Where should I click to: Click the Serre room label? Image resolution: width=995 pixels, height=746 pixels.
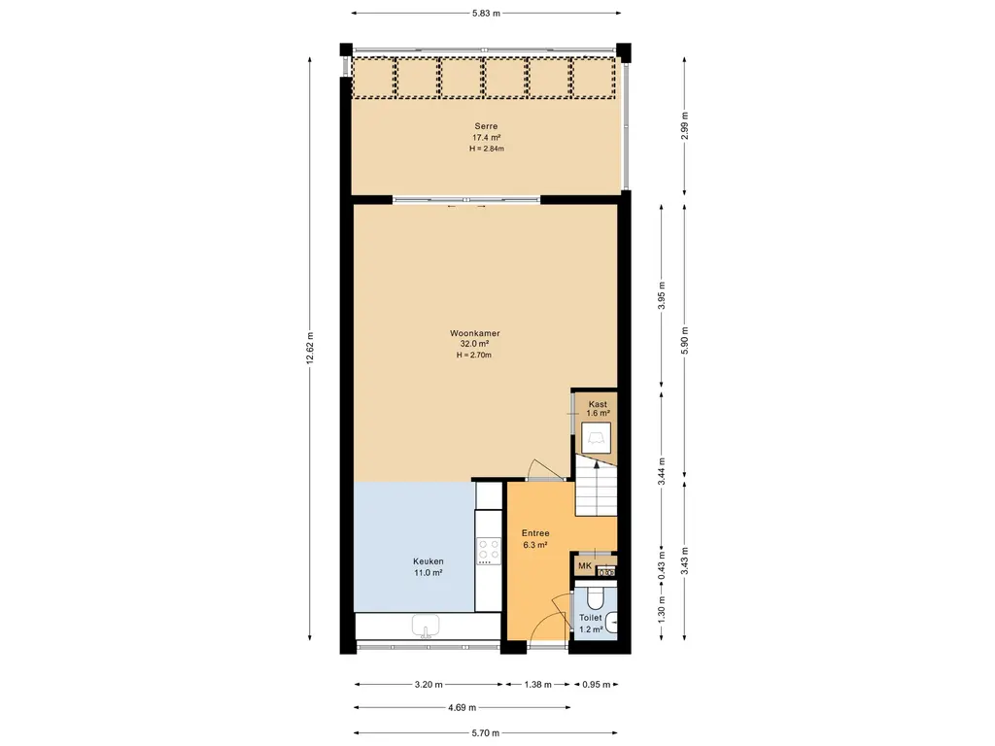click(486, 126)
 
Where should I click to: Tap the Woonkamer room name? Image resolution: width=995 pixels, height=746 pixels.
click(474, 333)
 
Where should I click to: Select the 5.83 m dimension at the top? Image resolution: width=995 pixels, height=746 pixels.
click(486, 13)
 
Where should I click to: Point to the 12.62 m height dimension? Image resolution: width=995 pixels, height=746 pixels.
click(310, 349)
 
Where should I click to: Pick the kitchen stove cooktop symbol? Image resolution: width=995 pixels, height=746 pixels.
click(489, 552)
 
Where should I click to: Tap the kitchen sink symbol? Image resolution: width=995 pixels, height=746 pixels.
click(426, 627)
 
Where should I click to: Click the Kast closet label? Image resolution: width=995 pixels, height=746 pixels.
click(598, 404)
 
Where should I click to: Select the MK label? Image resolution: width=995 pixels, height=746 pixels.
click(584, 566)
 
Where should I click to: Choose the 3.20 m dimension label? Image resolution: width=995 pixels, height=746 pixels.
click(429, 685)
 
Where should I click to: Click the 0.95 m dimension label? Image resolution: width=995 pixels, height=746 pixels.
click(596, 685)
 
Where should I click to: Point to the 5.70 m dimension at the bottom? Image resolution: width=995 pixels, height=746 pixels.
click(486, 732)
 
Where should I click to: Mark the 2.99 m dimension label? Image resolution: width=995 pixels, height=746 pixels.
click(684, 125)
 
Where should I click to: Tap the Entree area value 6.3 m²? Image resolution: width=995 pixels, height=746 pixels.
click(535, 545)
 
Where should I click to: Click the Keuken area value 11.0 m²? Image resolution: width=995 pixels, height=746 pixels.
click(428, 573)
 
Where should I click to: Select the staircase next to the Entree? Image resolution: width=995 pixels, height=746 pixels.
click(596, 486)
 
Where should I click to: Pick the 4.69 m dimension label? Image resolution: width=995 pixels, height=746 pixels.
click(462, 707)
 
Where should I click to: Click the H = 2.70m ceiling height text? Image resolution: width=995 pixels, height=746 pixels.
click(474, 356)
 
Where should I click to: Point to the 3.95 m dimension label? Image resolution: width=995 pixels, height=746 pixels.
click(662, 295)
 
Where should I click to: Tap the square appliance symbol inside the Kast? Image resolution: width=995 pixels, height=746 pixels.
click(597, 438)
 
